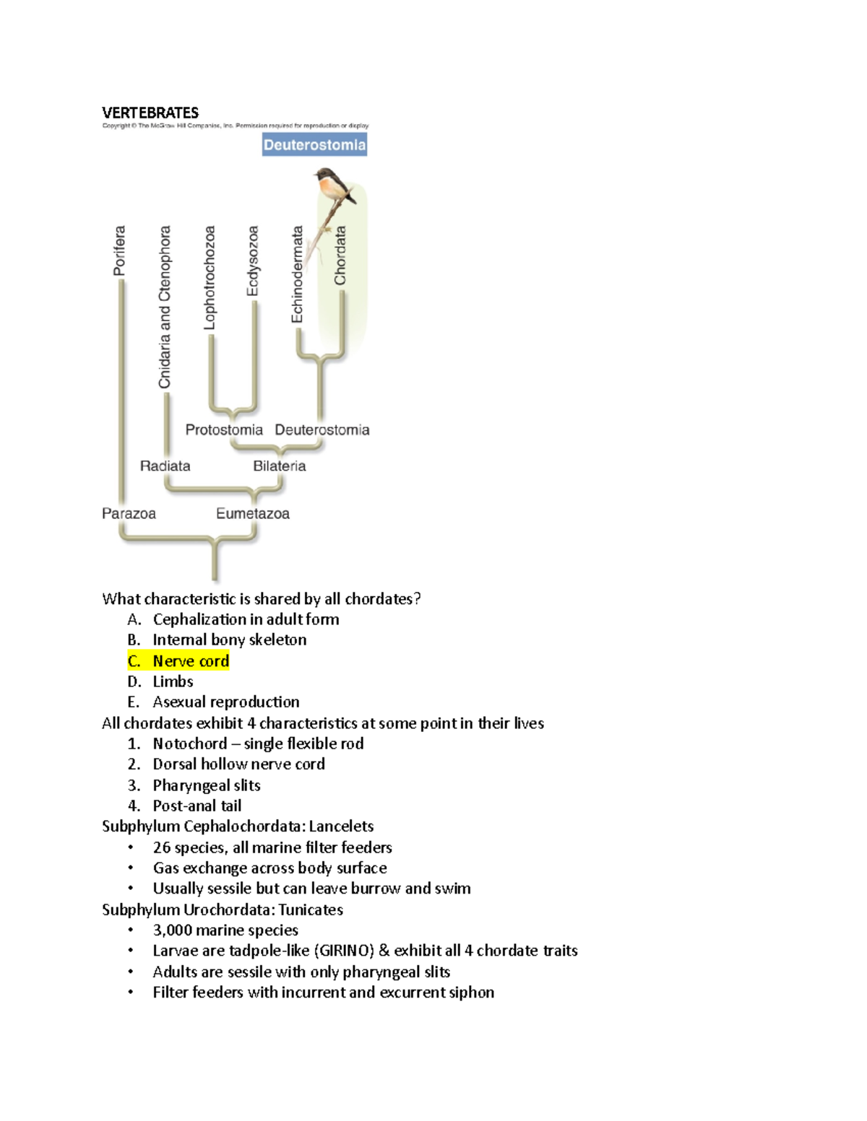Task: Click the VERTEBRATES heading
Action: [x=150, y=113]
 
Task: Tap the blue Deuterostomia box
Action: [x=314, y=144]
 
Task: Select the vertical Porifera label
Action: [x=119, y=250]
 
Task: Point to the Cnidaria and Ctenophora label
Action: [x=165, y=307]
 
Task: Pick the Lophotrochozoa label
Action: [x=210, y=278]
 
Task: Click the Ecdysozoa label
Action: [x=252, y=261]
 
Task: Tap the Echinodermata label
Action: [x=297, y=274]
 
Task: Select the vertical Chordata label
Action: [x=340, y=255]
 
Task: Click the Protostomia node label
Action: [x=224, y=429]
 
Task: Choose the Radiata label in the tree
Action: [x=165, y=466]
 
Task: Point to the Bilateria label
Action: [x=279, y=466]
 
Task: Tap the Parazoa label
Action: [x=129, y=513]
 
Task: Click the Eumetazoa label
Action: [x=253, y=513]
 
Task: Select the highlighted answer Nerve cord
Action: [x=191, y=660]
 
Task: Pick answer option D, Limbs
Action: [x=173, y=681]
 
